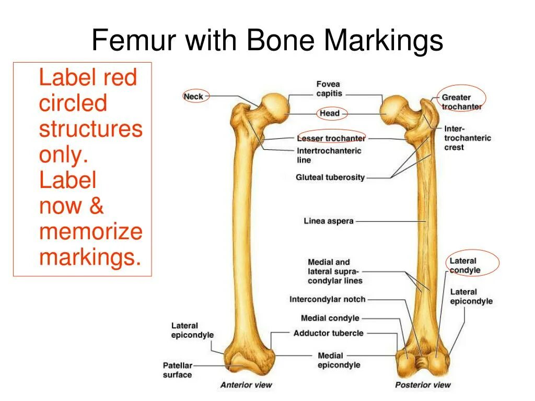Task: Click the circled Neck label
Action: [193, 97]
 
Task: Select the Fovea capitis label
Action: [329, 89]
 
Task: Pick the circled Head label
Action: [329, 113]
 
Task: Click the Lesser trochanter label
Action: [331, 138]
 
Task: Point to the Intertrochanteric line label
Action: [329, 155]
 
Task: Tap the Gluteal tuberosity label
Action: [330, 178]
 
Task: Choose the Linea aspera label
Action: [329, 221]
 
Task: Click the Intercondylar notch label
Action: [328, 299]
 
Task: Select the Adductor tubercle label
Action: [328, 333]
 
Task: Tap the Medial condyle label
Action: [330, 318]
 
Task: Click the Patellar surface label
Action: [178, 370]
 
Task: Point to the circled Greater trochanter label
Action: [461, 102]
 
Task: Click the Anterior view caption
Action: [246, 385]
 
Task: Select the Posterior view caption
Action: [423, 385]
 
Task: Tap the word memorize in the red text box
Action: [90, 231]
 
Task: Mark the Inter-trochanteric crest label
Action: [468, 138]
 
